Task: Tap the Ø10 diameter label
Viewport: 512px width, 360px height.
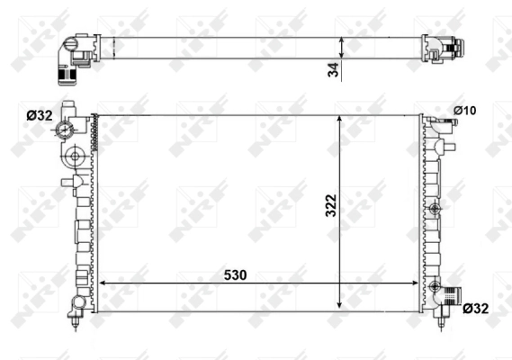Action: tap(464, 111)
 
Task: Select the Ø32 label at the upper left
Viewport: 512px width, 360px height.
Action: tap(39, 114)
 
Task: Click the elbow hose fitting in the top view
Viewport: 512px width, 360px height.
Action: tap(72, 56)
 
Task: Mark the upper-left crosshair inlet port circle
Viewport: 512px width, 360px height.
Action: tap(67, 132)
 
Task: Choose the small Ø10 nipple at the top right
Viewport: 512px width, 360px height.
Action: tap(444, 121)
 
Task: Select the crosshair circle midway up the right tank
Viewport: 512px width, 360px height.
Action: tap(436, 210)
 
